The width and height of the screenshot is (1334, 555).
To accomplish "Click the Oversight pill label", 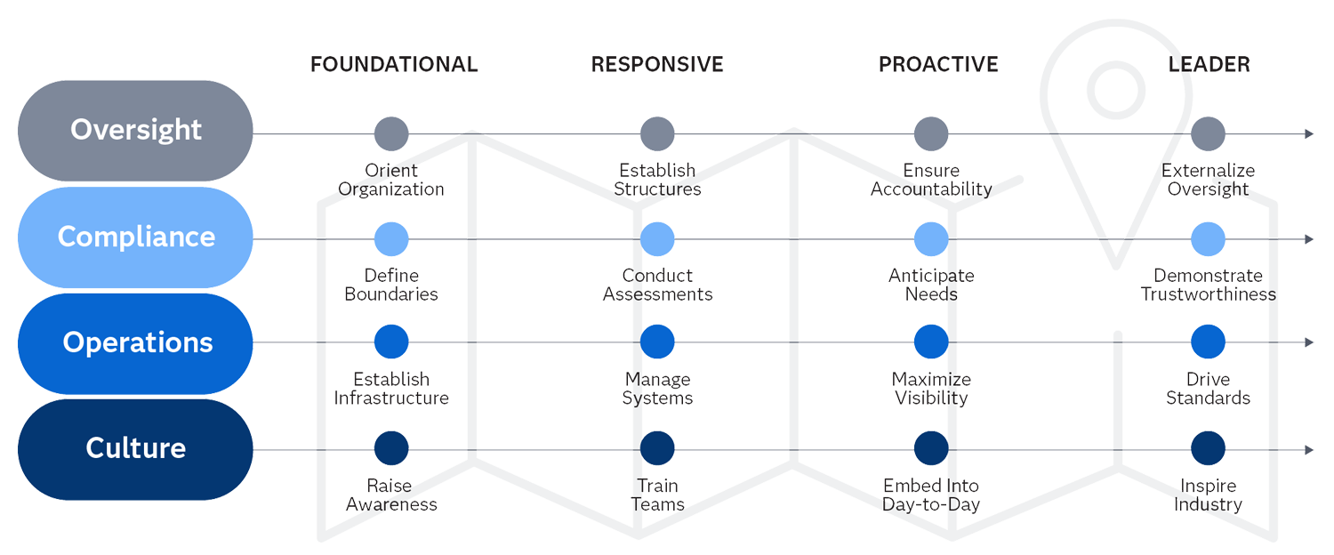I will pyautogui.click(x=135, y=130).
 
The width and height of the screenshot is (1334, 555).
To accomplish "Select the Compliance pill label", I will pyautogui.click(x=135, y=237).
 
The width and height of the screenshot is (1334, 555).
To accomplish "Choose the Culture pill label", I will pyautogui.click(x=135, y=448).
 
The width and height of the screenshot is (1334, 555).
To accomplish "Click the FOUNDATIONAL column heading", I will pyautogui.click(x=394, y=65).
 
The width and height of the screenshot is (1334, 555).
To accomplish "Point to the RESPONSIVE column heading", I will pyautogui.click(x=657, y=65).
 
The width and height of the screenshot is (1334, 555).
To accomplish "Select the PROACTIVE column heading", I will pyautogui.click(x=938, y=65).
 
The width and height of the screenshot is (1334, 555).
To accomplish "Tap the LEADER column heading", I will pyautogui.click(x=1209, y=65).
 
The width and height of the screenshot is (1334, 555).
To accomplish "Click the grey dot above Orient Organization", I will pyautogui.click(x=391, y=133).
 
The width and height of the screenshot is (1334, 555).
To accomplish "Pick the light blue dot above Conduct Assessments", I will pyautogui.click(x=657, y=239).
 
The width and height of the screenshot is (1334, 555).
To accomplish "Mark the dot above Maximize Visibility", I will pyautogui.click(x=931, y=342).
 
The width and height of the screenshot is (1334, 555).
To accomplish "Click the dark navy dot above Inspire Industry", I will pyautogui.click(x=1208, y=448).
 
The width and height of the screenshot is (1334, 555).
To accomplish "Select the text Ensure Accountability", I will pyautogui.click(x=931, y=180).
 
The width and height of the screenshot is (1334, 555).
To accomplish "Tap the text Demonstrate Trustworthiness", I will pyautogui.click(x=1208, y=285).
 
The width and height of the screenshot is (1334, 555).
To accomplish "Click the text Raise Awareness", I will pyautogui.click(x=391, y=495).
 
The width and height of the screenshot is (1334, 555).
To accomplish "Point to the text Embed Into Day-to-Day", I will pyautogui.click(x=931, y=495).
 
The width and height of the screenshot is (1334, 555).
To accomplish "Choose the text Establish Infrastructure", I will pyautogui.click(x=391, y=389).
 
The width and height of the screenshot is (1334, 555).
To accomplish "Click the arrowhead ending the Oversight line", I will pyautogui.click(x=1309, y=133).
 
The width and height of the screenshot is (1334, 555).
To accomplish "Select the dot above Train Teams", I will pyautogui.click(x=657, y=448).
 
